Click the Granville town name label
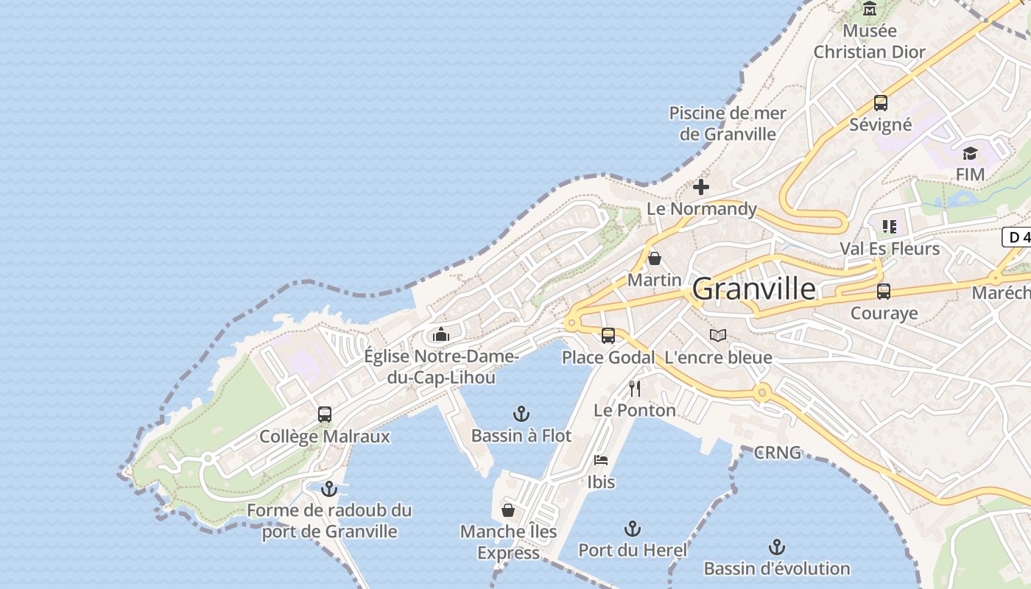tap(754, 289)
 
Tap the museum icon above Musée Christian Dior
tap(870, 9)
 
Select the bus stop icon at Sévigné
tap(880, 103)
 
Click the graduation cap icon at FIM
tap(970, 154)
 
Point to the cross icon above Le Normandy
tap(700, 187)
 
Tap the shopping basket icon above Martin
tap(654, 258)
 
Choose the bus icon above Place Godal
tap(608, 336)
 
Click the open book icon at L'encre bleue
tap(717, 336)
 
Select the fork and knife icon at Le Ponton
tap(634, 388)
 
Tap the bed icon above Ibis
tap(601, 460)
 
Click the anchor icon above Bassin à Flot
tap(521, 414)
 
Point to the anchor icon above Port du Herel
tap(632, 528)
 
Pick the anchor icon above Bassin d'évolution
tap(776, 546)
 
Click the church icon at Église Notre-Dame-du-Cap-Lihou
tap(441, 335)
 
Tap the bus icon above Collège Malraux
tap(324, 414)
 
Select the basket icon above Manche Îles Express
tap(508, 509)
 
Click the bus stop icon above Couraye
tap(883, 292)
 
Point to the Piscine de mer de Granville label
tap(727, 124)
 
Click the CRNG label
tap(777, 453)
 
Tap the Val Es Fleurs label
tap(890, 249)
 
